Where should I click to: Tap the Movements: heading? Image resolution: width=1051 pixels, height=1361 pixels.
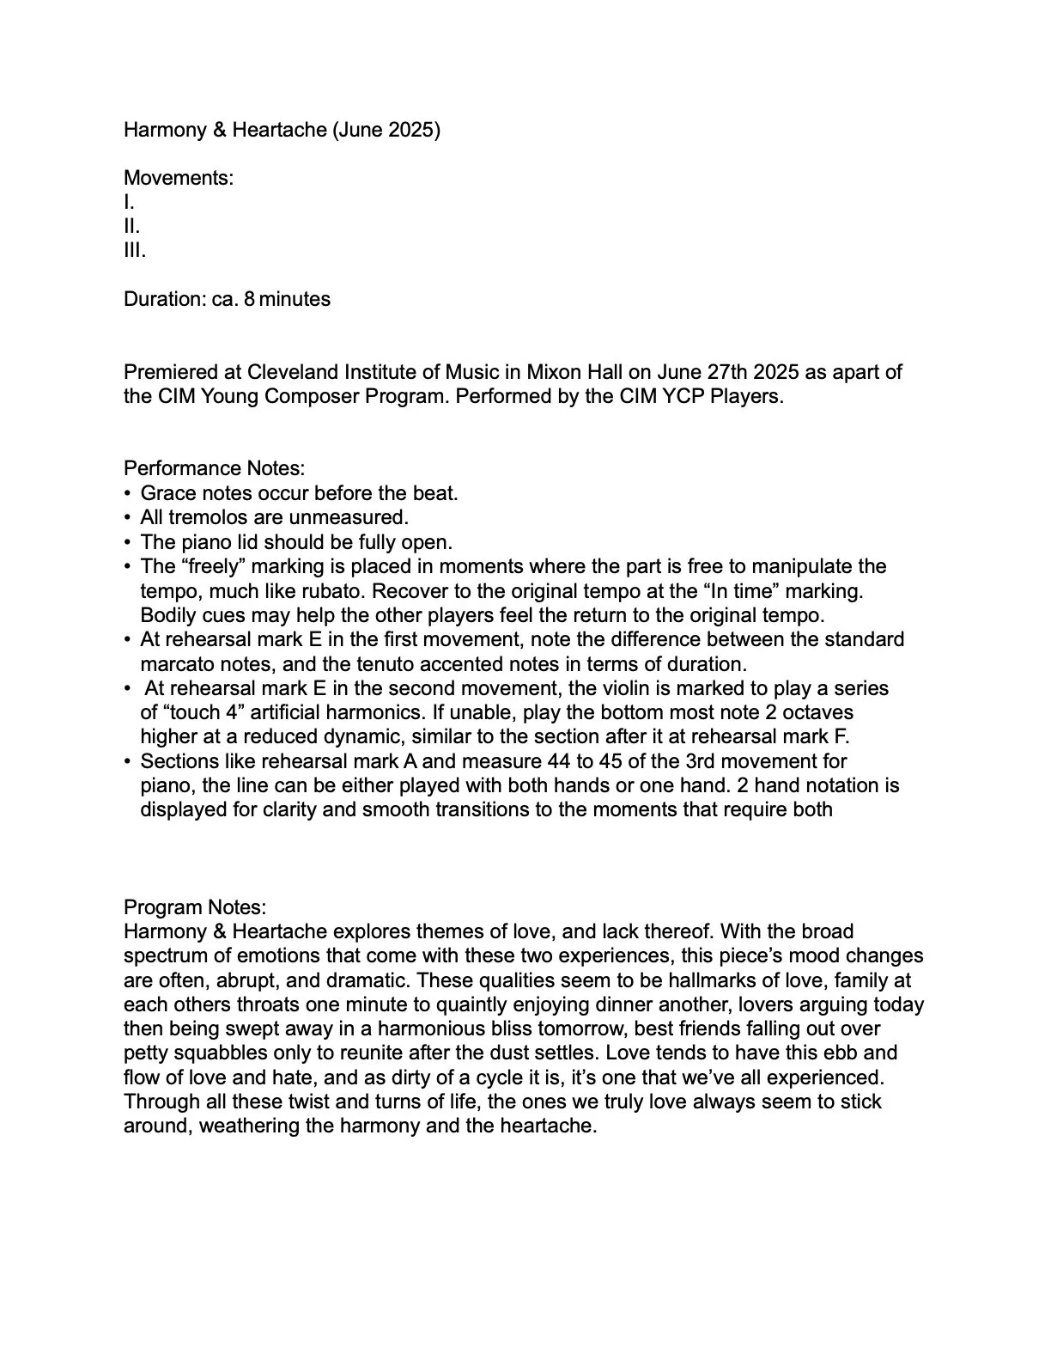click(179, 178)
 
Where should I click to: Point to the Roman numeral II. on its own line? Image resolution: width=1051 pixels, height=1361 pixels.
click(131, 227)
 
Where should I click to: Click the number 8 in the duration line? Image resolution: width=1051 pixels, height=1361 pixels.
click(249, 299)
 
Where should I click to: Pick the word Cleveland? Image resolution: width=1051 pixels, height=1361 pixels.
click(293, 372)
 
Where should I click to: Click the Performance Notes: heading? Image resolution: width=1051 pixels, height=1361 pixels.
click(215, 468)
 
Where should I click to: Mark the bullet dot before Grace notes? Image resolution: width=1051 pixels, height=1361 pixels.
click(128, 494)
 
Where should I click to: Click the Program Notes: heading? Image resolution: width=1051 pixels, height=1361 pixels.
click(195, 907)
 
